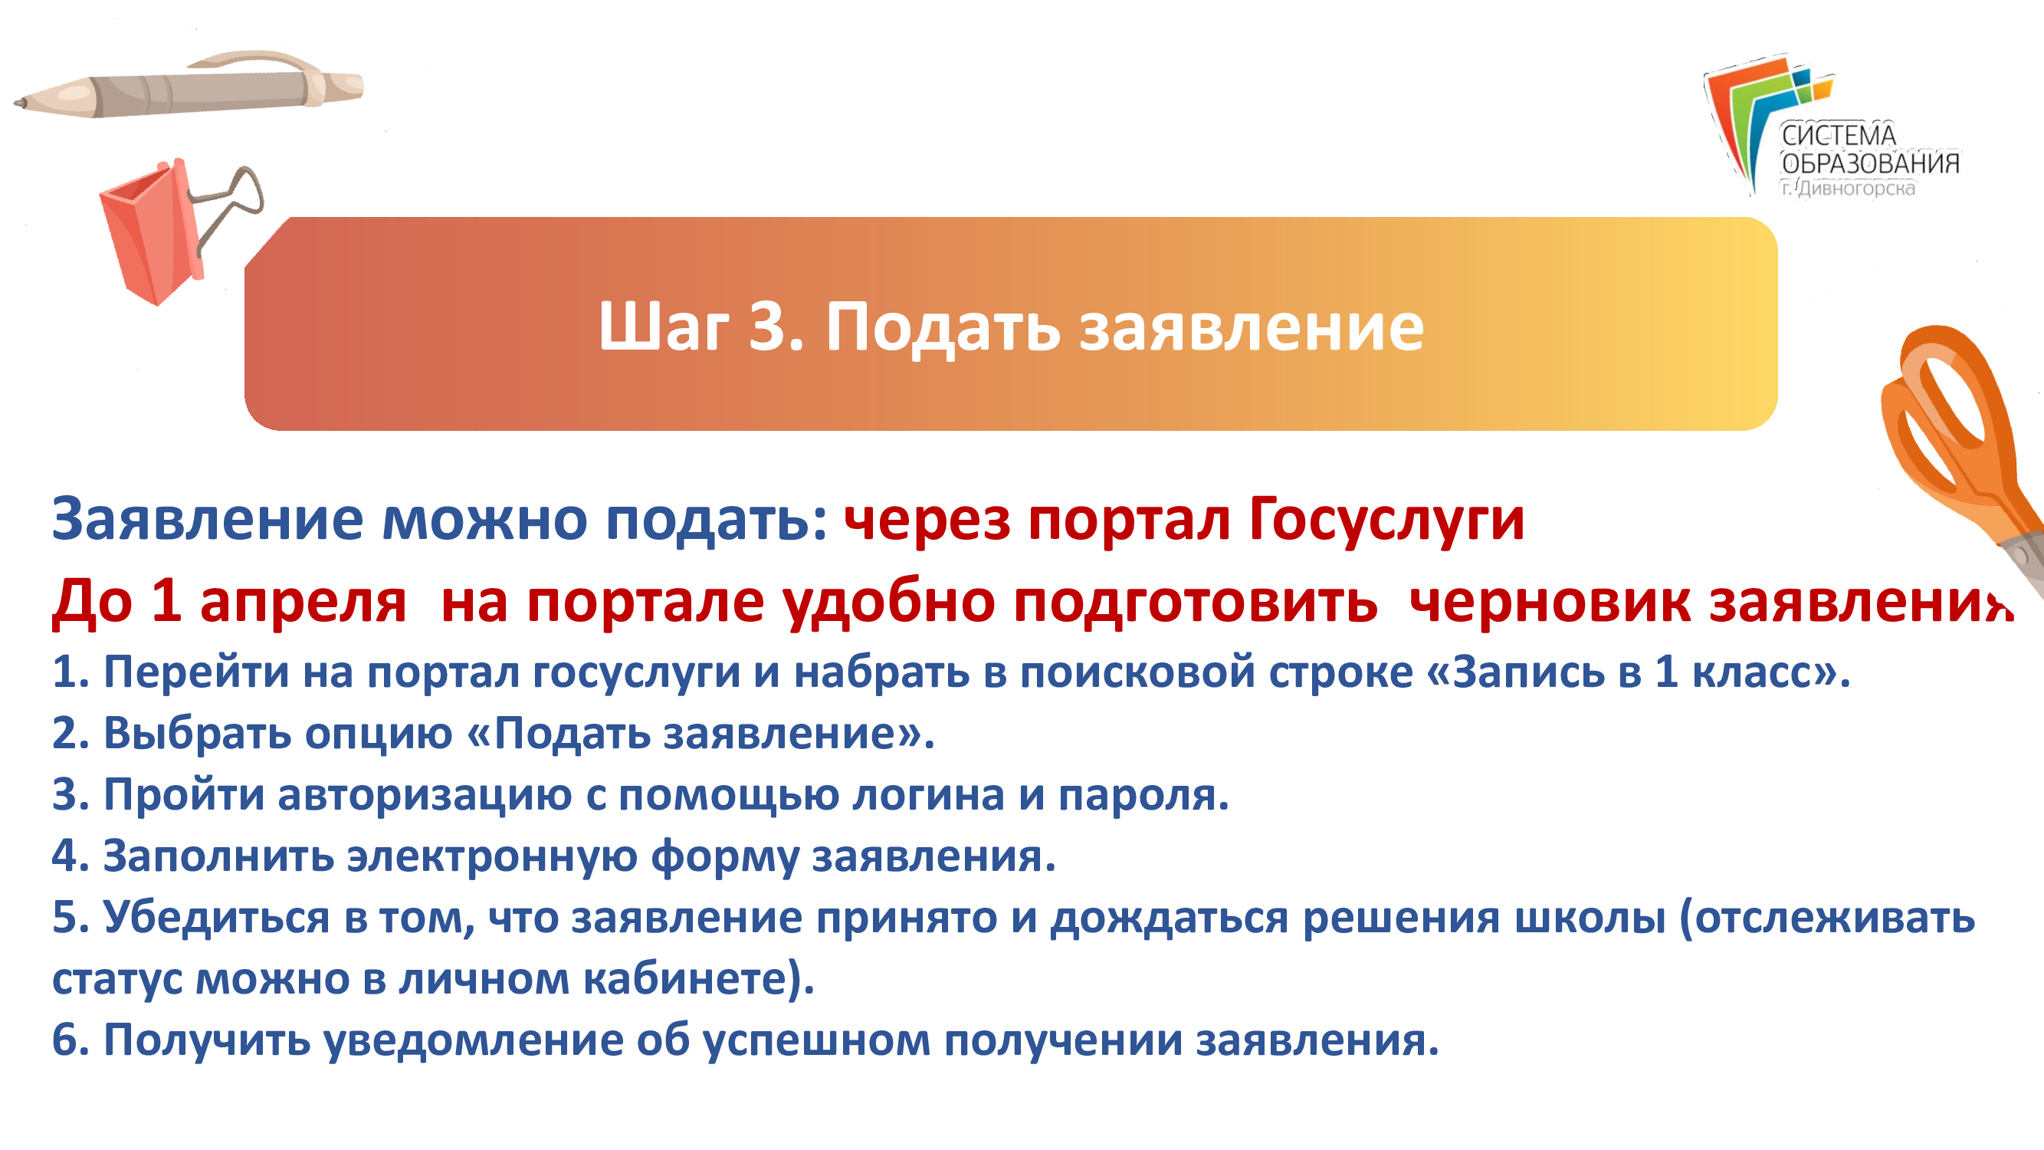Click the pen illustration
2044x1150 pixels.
tap(189, 86)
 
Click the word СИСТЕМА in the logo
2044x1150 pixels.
tap(1839, 136)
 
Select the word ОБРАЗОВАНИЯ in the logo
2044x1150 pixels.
tap(1870, 163)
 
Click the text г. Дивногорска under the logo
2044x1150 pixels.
tap(1848, 189)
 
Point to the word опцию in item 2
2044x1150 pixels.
tap(379, 734)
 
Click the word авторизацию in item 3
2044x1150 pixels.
tap(425, 795)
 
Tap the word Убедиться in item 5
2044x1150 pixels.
tap(216, 918)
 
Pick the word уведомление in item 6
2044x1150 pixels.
tap(474, 1040)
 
